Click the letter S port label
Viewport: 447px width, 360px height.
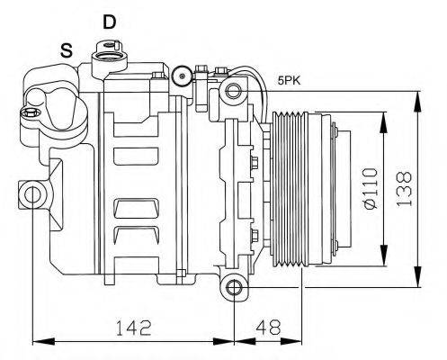click(x=67, y=51)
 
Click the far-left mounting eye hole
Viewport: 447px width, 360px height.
click(x=32, y=193)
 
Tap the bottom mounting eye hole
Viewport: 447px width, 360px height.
click(x=234, y=288)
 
